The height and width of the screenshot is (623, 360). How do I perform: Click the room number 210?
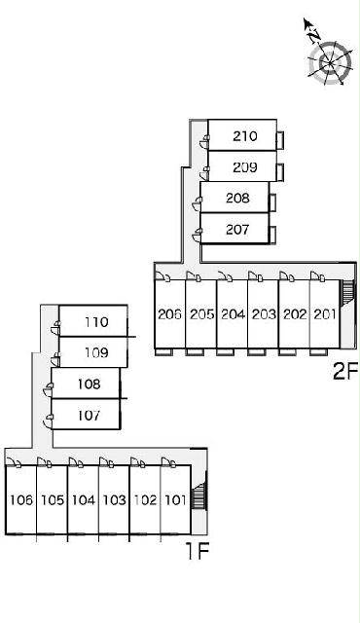[x=245, y=136]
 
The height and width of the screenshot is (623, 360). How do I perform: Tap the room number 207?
[x=237, y=230]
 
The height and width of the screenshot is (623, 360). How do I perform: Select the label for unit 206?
[x=169, y=314]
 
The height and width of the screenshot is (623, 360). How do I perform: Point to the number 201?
[x=325, y=314]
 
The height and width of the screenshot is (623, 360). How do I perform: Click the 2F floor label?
[x=345, y=372]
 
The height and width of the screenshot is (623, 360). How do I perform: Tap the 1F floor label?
[x=198, y=551]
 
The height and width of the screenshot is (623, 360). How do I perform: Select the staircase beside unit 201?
[x=346, y=292]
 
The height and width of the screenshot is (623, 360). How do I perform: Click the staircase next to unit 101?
[x=198, y=495]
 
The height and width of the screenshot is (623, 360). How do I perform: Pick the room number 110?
[x=96, y=322]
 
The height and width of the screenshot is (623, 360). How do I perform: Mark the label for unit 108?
[x=89, y=384]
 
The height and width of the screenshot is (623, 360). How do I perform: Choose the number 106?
[x=21, y=499]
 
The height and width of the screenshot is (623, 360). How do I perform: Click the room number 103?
[x=114, y=499]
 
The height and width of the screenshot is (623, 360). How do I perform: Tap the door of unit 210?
[x=204, y=141]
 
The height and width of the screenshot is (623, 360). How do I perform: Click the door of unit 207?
[x=197, y=236]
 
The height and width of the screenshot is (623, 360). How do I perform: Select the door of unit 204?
[x=226, y=276]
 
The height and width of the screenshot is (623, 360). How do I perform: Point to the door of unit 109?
[x=55, y=359]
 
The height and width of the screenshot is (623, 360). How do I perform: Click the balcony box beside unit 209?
[x=280, y=172]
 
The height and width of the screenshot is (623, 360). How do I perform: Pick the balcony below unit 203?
[x=256, y=352]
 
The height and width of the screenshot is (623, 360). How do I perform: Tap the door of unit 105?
[x=44, y=462]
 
